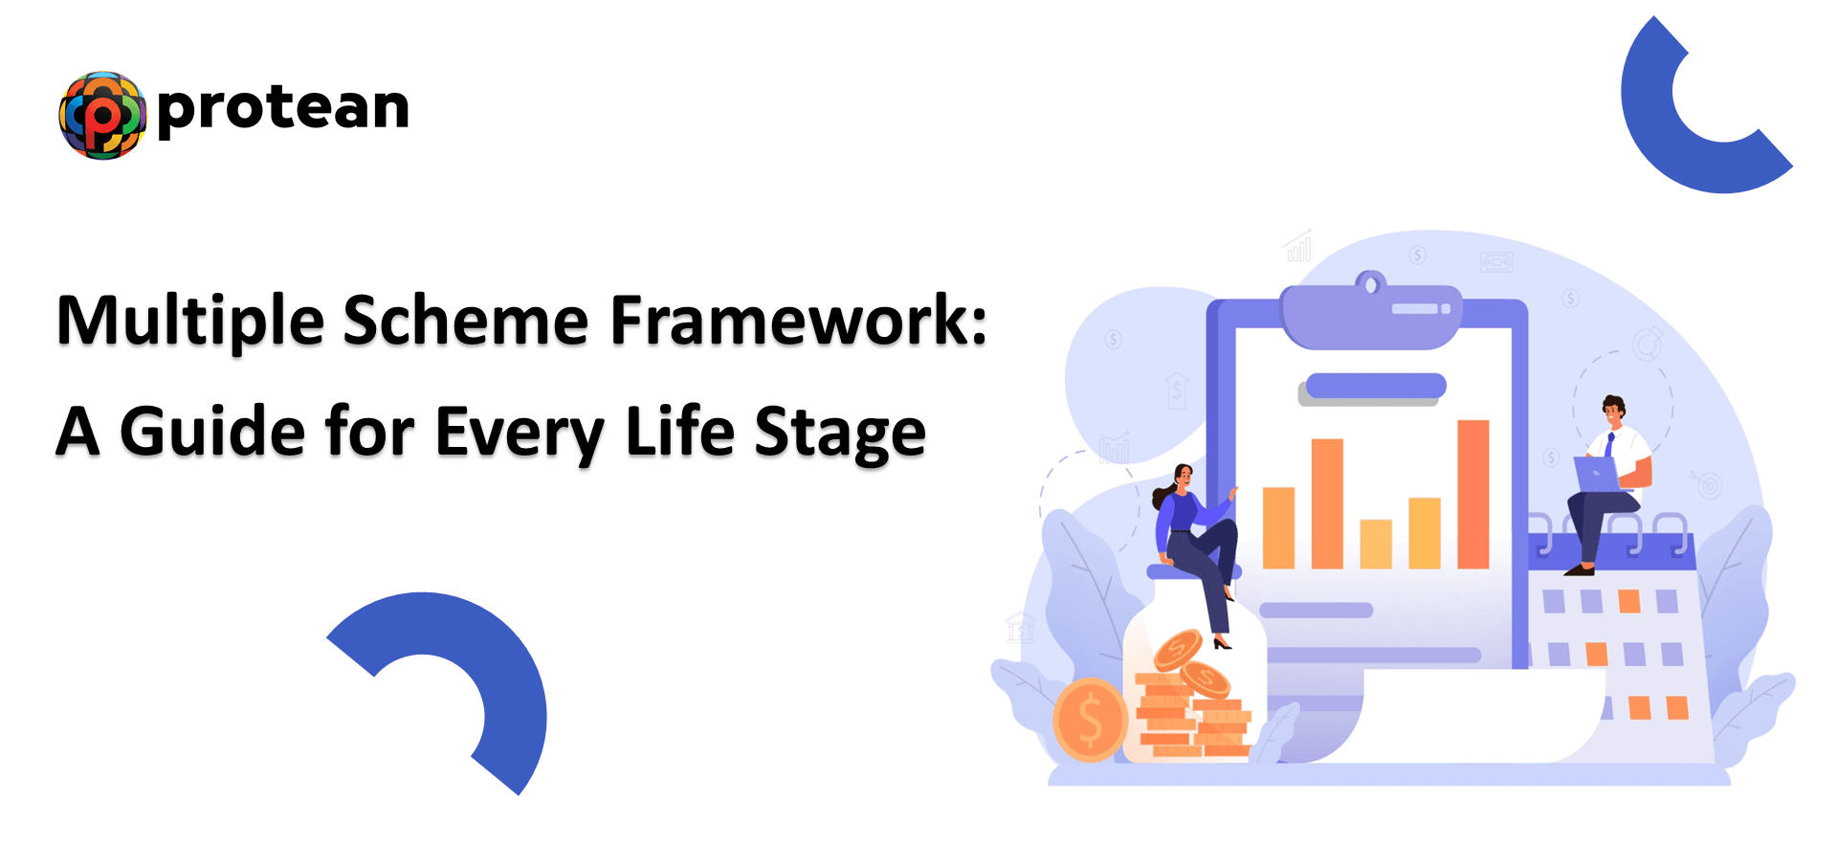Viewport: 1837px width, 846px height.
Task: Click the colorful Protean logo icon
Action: click(102, 115)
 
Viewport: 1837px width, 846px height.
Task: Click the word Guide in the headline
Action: click(212, 432)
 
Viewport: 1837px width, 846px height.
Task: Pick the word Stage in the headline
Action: click(840, 434)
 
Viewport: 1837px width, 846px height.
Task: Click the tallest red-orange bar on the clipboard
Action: click(1473, 494)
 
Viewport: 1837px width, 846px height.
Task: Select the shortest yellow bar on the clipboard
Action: click(1376, 544)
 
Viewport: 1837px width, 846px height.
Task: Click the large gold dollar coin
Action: click(1090, 720)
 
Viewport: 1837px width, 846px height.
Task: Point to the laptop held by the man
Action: click(1600, 475)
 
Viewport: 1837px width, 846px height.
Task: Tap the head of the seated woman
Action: click(1183, 476)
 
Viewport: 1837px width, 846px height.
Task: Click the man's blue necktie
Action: click(1611, 445)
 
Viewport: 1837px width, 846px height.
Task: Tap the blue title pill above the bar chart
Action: click(1376, 386)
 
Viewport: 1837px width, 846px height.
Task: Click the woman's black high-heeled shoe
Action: click(1222, 641)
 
